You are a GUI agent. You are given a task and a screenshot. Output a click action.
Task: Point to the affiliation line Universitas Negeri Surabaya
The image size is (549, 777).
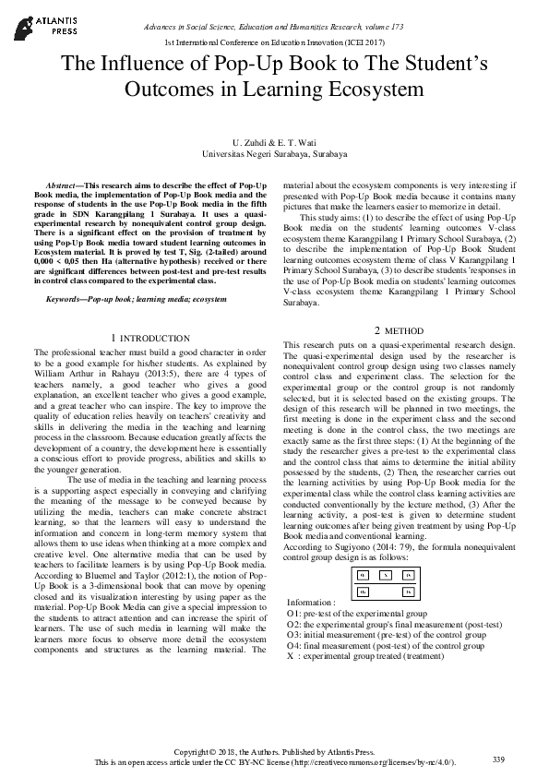pos(274,155)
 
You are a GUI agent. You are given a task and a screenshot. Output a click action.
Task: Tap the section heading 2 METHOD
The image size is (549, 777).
pos(400,330)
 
